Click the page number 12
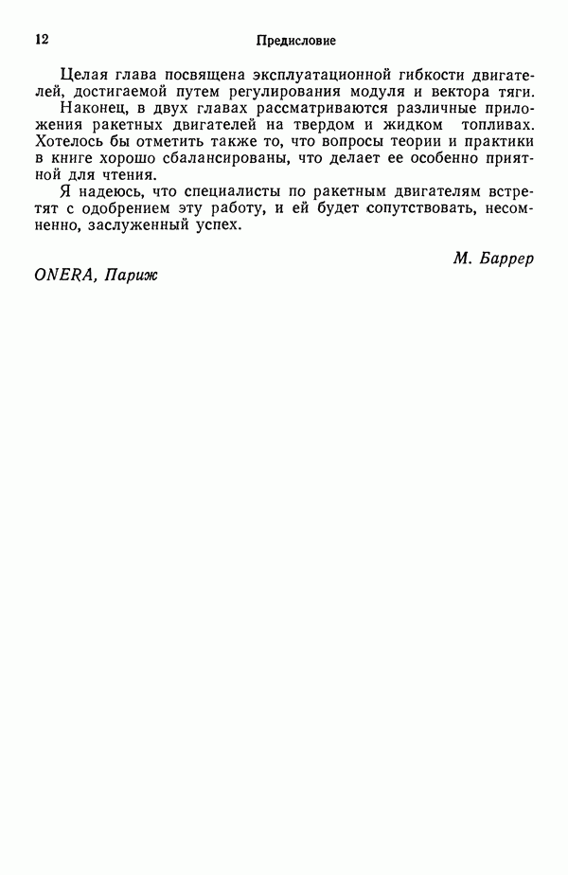[x=41, y=39]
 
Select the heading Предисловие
[x=295, y=41]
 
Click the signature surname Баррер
[x=502, y=259]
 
